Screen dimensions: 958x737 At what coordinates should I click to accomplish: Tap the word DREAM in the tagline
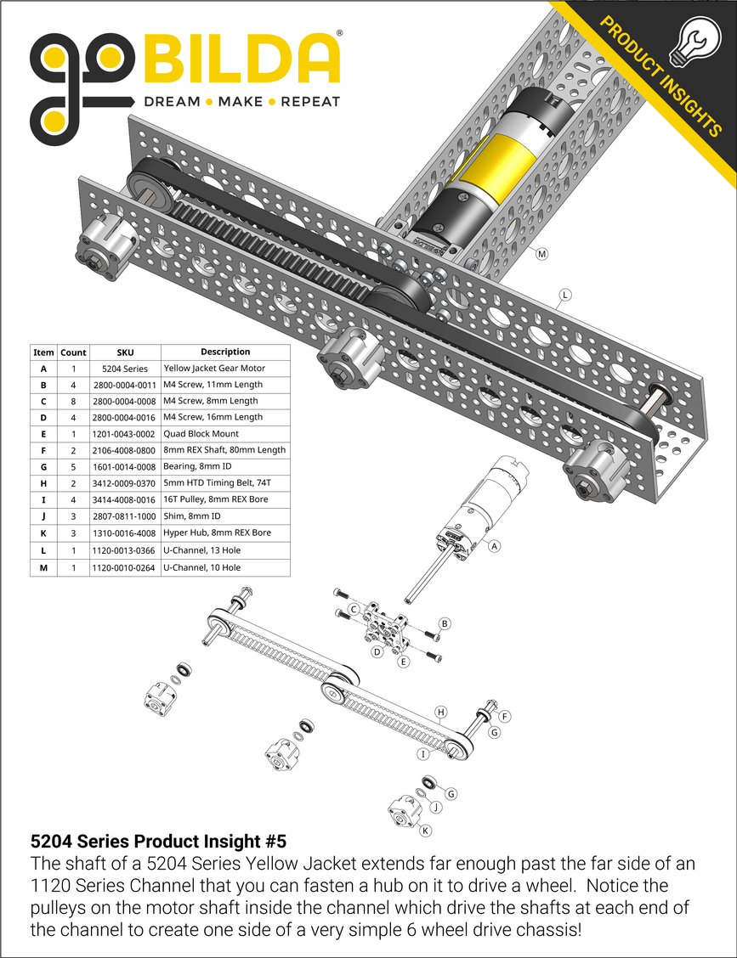(172, 102)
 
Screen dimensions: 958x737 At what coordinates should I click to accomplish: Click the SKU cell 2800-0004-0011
(125, 385)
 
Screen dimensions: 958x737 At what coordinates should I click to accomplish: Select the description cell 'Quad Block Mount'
(201, 434)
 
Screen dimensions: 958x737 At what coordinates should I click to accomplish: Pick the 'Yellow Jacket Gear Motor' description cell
(213, 369)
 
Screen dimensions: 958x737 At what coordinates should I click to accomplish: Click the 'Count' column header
(73, 352)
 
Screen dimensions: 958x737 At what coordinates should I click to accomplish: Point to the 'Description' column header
(225, 352)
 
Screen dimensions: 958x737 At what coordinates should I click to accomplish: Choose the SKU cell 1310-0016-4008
(125, 533)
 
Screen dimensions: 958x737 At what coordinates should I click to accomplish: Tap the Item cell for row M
(43, 566)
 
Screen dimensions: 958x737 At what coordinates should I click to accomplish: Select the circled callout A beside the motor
(492, 547)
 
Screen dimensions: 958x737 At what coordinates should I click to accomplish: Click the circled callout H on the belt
(440, 711)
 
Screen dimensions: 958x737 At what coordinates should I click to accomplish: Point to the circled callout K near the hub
(425, 830)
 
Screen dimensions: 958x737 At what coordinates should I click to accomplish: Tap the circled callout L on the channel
(564, 296)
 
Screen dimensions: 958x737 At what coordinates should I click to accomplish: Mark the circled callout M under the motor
(541, 254)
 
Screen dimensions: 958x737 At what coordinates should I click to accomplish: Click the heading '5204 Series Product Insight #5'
(158, 842)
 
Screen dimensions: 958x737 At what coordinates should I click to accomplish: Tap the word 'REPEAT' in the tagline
(309, 102)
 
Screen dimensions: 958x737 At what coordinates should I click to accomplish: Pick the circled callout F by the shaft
(503, 716)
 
